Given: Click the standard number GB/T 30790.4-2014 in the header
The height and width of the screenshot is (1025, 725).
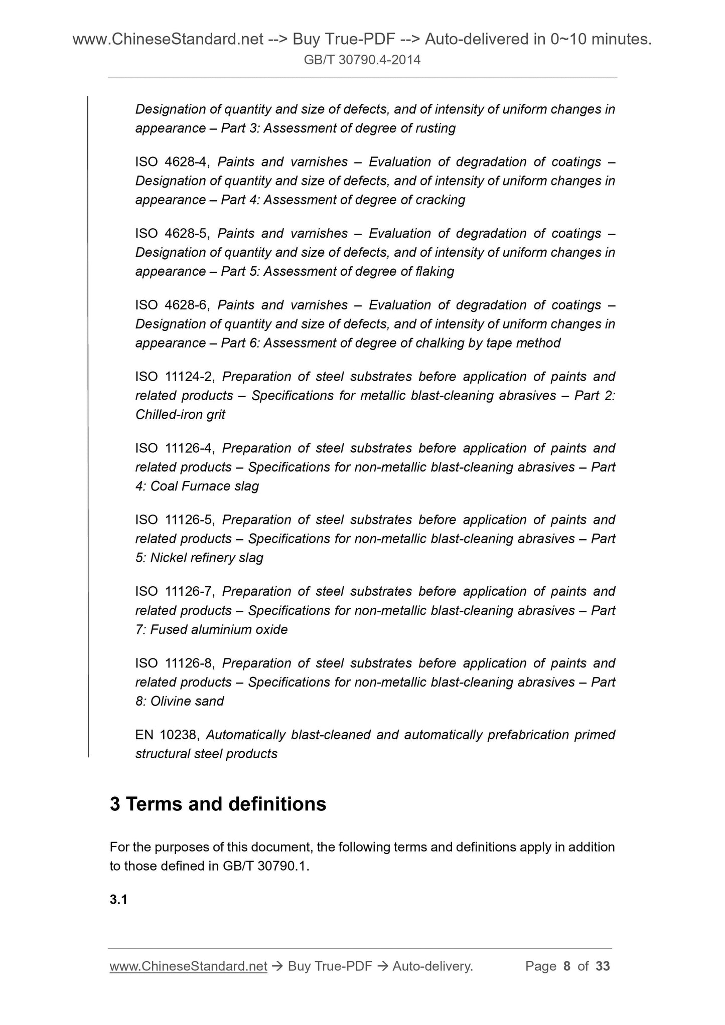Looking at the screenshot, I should point(362,60).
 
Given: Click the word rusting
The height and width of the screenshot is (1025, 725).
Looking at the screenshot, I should point(436,128).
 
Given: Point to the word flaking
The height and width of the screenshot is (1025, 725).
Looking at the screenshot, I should point(434,272).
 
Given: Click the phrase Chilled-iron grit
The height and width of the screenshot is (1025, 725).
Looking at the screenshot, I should point(180,415).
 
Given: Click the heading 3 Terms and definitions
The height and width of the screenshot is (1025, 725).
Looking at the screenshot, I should point(218,804).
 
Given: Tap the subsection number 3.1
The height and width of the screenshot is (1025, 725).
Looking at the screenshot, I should point(118,900).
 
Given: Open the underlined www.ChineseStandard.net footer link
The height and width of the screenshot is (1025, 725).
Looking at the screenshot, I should point(188,966).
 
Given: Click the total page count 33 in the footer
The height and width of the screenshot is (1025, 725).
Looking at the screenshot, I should point(603,966).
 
